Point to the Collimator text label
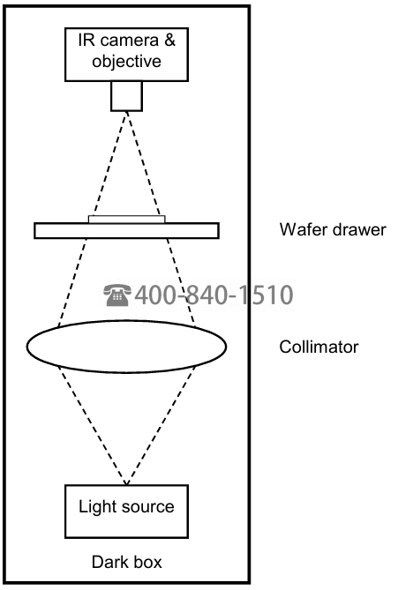click(x=319, y=347)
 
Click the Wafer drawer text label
click(x=333, y=229)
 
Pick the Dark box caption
click(x=126, y=562)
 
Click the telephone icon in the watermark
click(x=117, y=295)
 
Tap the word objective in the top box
click(x=126, y=62)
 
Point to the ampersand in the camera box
click(x=169, y=40)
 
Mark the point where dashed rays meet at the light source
click(x=126, y=484)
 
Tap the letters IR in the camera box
click(x=86, y=40)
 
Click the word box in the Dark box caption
click(x=148, y=562)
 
